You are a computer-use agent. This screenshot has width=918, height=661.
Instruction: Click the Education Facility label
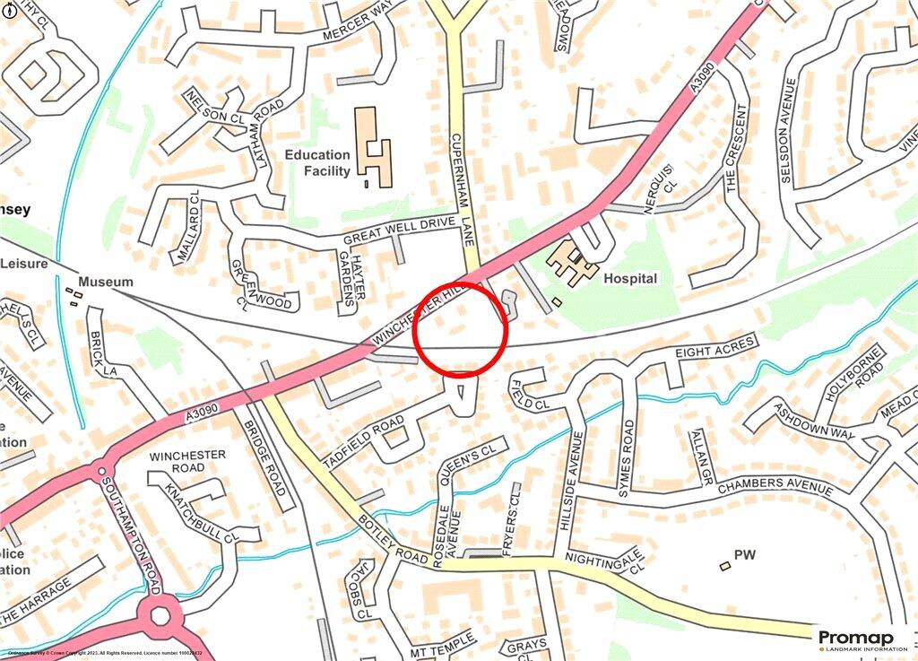pyautogui.click(x=317, y=162)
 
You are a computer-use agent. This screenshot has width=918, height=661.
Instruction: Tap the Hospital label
pyautogui.click(x=630, y=279)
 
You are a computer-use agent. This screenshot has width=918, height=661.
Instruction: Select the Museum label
pyautogui.click(x=106, y=282)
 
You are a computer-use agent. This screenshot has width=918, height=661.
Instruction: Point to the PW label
pyautogui.click(x=745, y=556)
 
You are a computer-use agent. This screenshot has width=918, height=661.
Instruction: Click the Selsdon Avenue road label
pyautogui.click(x=788, y=131)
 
